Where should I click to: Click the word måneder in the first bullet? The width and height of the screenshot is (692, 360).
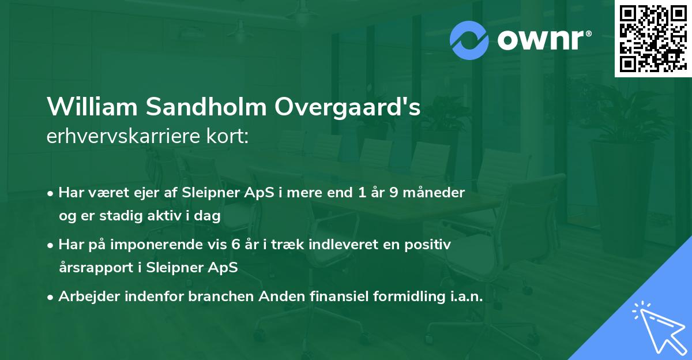coord(437,193)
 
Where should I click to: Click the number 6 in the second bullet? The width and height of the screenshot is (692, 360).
coord(235,245)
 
